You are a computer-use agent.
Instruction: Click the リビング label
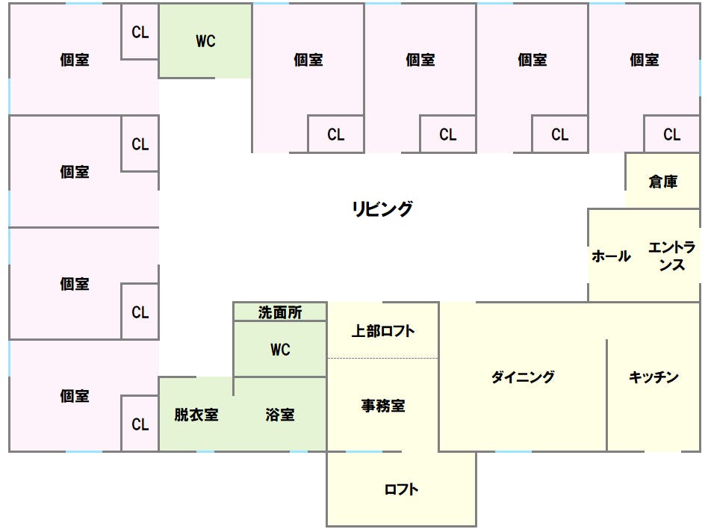[382, 209]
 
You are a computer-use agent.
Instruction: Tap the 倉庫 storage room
[662, 182]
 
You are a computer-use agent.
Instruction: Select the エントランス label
[671, 256]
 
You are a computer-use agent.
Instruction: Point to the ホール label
[611, 256]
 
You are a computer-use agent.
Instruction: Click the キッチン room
[653, 377]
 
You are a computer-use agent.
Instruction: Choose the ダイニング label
[523, 377]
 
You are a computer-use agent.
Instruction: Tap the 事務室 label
[383, 406]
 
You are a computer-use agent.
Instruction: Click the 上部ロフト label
[383, 331]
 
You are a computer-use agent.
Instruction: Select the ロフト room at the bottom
[401, 489]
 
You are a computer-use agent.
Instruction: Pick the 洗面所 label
[280, 312]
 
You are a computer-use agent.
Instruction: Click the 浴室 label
[280, 415]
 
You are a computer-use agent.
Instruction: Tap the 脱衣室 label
[196, 415]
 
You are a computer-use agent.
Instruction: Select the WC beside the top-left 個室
[205, 42]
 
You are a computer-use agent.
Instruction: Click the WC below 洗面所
[280, 350]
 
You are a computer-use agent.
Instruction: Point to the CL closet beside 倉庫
[671, 135]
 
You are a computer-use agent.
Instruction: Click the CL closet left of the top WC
[140, 33]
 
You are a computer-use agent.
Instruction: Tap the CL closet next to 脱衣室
[140, 424]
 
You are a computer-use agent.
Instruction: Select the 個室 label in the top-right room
[644, 60]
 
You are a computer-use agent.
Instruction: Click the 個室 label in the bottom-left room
[75, 396]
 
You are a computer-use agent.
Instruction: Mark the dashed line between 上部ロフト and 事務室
[383, 359]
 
